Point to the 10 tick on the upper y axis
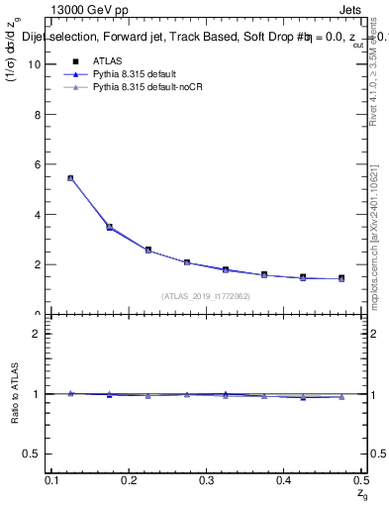pos(41,64)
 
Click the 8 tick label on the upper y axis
pos(43,114)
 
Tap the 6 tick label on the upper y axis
pos(43,164)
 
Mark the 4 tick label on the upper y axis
pos(43,214)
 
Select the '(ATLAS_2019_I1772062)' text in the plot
pos(206,296)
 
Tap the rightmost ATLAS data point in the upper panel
pos(341,279)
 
